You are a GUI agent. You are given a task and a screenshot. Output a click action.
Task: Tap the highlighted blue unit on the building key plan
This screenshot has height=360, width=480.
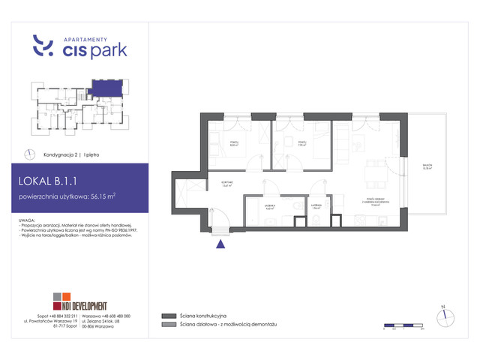point(105,89)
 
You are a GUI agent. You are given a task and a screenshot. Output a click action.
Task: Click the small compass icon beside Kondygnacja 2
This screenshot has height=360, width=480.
point(30,154)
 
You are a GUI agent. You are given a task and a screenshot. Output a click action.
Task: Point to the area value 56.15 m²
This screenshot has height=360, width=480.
point(103,198)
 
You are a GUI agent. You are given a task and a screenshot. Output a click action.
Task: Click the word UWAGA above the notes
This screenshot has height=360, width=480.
point(32,220)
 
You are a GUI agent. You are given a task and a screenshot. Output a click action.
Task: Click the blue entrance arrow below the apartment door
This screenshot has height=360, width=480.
point(220,241)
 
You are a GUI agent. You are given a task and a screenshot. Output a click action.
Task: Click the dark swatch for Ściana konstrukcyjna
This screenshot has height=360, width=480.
point(166,316)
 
